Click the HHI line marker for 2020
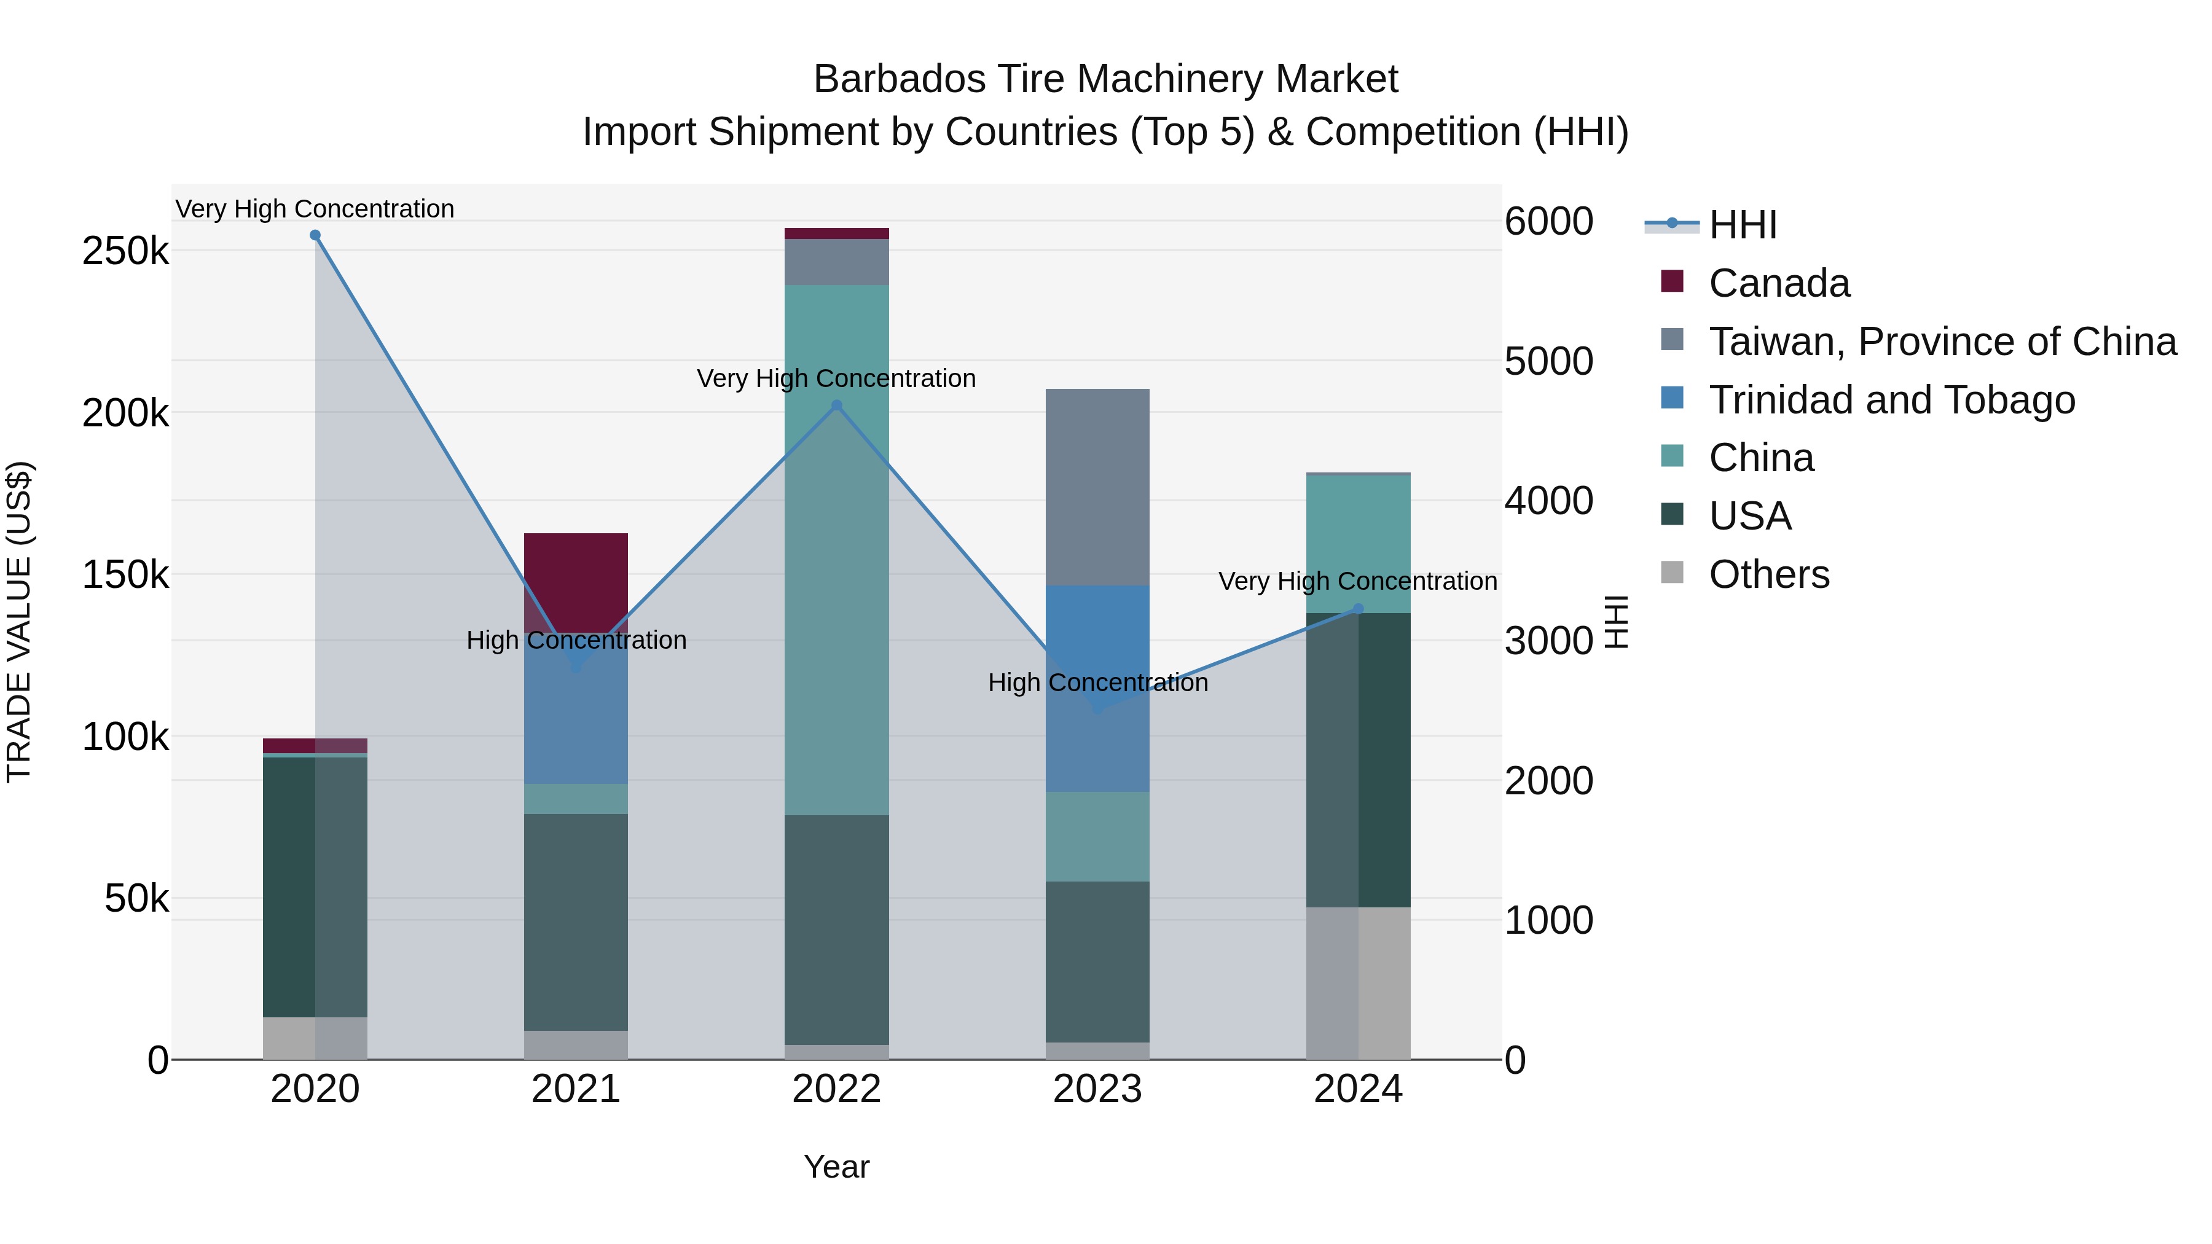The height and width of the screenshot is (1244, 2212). click(x=315, y=235)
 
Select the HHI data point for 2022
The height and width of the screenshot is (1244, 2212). click(x=837, y=405)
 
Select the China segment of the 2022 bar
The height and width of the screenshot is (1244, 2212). click(x=837, y=549)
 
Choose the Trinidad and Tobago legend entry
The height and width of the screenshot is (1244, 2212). click(x=1892, y=400)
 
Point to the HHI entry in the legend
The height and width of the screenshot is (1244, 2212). click(x=1743, y=225)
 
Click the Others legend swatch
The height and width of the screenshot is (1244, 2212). click(x=1672, y=573)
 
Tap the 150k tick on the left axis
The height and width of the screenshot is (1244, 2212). click(x=125, y=574)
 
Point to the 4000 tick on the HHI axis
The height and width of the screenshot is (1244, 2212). click(x=1549, y=501)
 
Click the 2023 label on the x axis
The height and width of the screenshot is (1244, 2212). click(x=1097, y=1089)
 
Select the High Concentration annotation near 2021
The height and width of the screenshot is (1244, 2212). click(x=576, y=641)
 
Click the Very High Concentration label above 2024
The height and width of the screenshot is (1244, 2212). click(x=1357, y=581)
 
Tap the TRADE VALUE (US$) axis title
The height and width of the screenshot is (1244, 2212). click(x=19, y=622)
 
